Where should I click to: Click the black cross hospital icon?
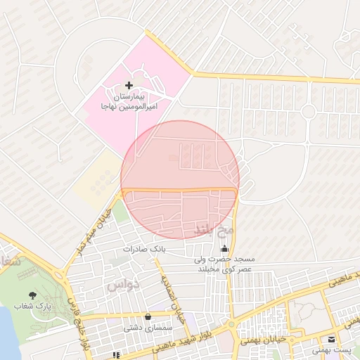click(x=128, y=85)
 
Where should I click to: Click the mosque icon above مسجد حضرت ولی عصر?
click(x=225, y=249)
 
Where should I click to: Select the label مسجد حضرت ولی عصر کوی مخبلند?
click(x=225, y=264)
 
